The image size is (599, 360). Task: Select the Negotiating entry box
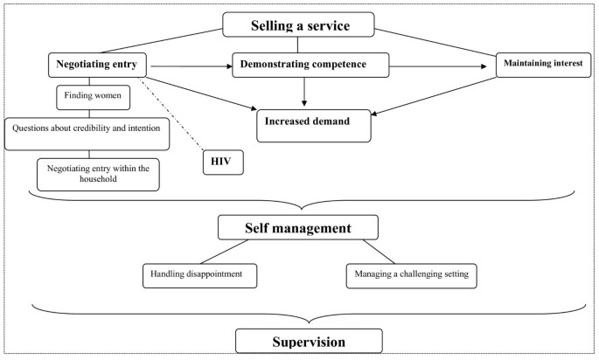[97, 64]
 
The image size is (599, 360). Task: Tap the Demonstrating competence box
[310, 64]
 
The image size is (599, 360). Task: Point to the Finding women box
[88, 95]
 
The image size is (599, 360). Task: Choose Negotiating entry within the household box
[98, 173]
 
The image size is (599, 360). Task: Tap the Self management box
[297, 229]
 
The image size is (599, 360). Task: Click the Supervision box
[309, 340]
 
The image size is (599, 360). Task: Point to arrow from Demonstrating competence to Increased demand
[304, 91]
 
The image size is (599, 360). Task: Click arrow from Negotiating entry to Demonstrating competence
[188, 64]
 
